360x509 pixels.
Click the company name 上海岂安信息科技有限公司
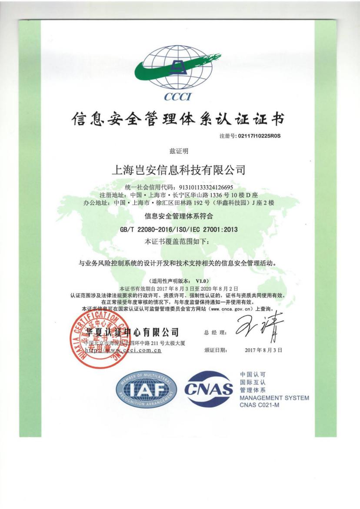179,170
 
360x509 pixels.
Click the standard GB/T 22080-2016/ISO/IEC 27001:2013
179,229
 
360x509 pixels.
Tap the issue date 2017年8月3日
263,350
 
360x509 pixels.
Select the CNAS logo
210,390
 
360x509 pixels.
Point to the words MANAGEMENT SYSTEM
274,398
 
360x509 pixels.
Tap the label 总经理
215,333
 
